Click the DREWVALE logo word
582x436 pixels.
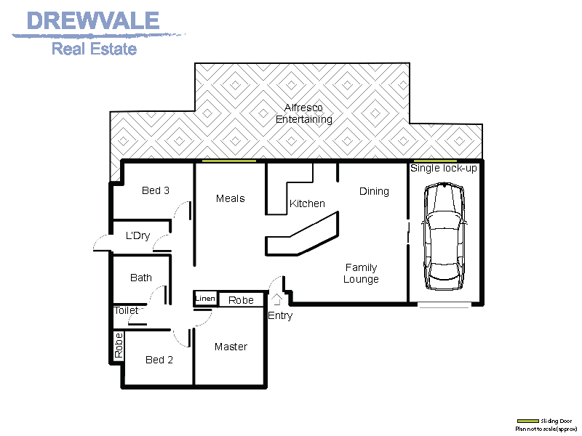coord(92,20)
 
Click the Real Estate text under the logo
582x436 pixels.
coord(94,49)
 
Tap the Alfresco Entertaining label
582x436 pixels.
coord(304,113)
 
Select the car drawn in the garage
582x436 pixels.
coord(445,235)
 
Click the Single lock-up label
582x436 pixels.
coord(444,169)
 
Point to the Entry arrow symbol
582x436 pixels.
coord(277,298)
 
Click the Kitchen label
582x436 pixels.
coord(307,203)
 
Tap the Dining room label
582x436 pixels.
coord(374,191)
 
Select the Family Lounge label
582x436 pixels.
coord(361,273)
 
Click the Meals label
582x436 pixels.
coord(230,198)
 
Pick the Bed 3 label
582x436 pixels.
coord(156,190)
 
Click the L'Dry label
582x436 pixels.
coord(137,235)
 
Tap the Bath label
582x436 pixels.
coord(141,278)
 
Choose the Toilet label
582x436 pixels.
coord(127,310)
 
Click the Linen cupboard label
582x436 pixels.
coord(205,299)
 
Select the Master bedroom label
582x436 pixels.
coord(231,347)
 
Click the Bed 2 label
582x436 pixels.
coord(159,360)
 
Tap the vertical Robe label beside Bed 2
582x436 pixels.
coord(119,346)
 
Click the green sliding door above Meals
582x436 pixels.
coord(229,161)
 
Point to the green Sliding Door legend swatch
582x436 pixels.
coord(528,421)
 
